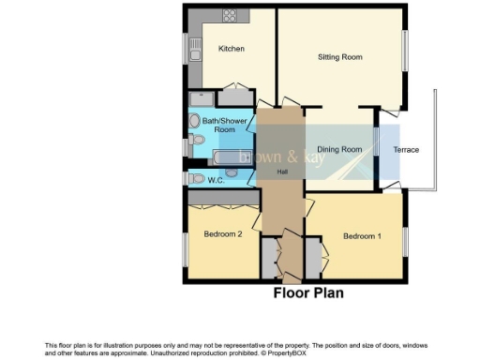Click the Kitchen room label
click(232, 49)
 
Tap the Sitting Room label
click(338, 57)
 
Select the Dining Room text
click(339, 150)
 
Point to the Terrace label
click(406, 150)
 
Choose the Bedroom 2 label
click(224, 234)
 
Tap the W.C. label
click(215, 179)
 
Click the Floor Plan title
click(307, 293)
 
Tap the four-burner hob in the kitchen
click(230, 16)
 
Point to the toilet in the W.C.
click(195, 178)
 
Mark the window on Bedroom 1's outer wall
click(406, 242)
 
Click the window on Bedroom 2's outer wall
click(184, 248)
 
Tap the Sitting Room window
click(406, 52)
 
